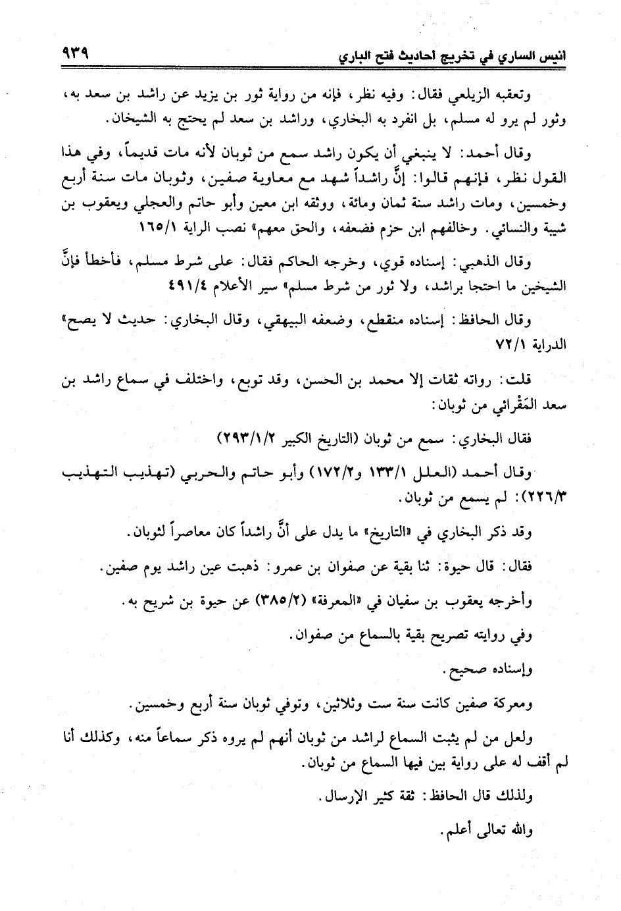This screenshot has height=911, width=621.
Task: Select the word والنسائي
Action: [507, 232]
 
